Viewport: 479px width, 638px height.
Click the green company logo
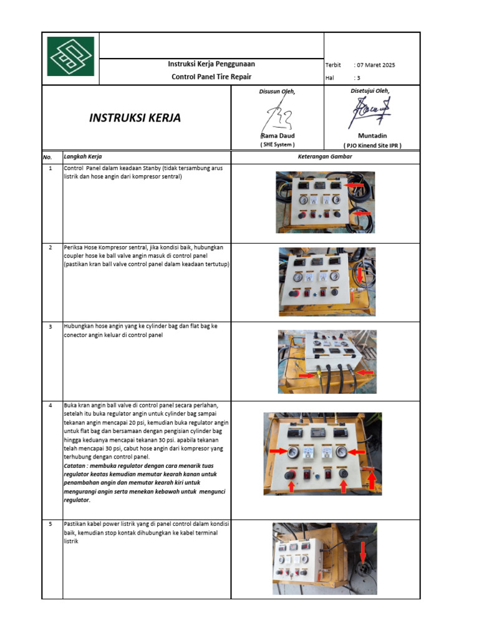(70, 57)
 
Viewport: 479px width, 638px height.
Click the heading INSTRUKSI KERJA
(135, 118)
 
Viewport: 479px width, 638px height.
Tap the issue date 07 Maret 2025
(375, 65)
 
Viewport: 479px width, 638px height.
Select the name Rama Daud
(277, 136)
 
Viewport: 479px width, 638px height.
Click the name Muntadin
(372, 136)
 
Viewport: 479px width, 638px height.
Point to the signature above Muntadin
(369, 112)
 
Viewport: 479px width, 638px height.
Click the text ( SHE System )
(277, 145)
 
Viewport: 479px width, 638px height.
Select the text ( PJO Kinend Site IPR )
(372, 145)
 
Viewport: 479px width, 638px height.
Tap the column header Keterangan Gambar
(325, 156)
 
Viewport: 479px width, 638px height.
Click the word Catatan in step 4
(77, 465)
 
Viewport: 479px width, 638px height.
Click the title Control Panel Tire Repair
(211, 77)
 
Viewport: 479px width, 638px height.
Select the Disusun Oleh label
(277, 92)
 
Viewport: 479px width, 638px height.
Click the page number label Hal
(330, 78)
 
